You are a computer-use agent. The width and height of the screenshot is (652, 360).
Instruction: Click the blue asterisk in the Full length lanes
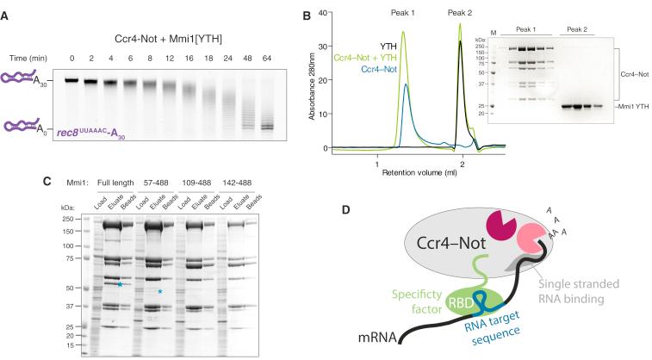click(121, 284)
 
